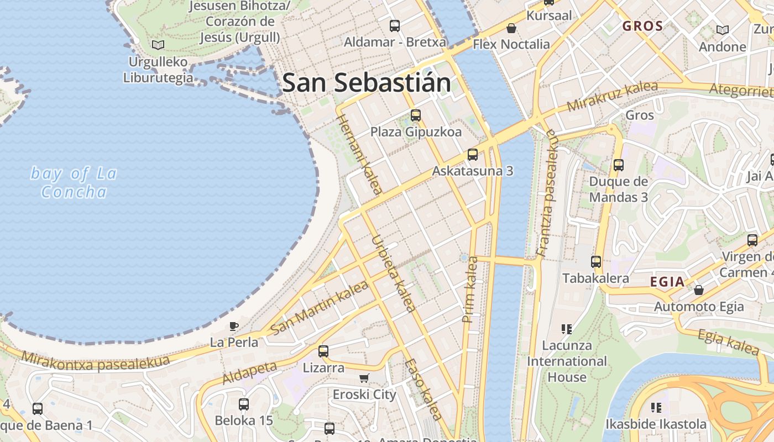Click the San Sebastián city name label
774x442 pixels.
tap(366, 83)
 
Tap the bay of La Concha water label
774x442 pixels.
tap(74, 183)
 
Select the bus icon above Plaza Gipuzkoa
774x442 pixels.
tap(416, 115)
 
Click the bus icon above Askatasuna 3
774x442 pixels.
tap(472, 155)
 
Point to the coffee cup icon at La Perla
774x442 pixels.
tap(234, 326)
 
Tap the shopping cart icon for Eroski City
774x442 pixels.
tap(364, 378)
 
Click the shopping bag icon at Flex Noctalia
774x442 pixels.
tap(511, 28)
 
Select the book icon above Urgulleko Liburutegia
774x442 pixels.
tap(158, 45)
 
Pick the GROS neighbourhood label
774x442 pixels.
tap(642, 26)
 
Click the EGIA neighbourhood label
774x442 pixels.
tap(667, 282)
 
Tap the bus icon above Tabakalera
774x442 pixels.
tap(595, 262)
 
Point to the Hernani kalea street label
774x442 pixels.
tap(359, 154)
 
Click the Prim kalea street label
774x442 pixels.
tap(470, 289)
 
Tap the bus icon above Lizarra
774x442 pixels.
tap(323, 351)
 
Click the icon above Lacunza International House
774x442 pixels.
tap(566, 329)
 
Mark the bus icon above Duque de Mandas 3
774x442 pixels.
tap(618, 165)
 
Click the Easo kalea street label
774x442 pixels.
tap(423, 390)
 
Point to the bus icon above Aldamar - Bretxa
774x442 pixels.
tap(395, 25)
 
